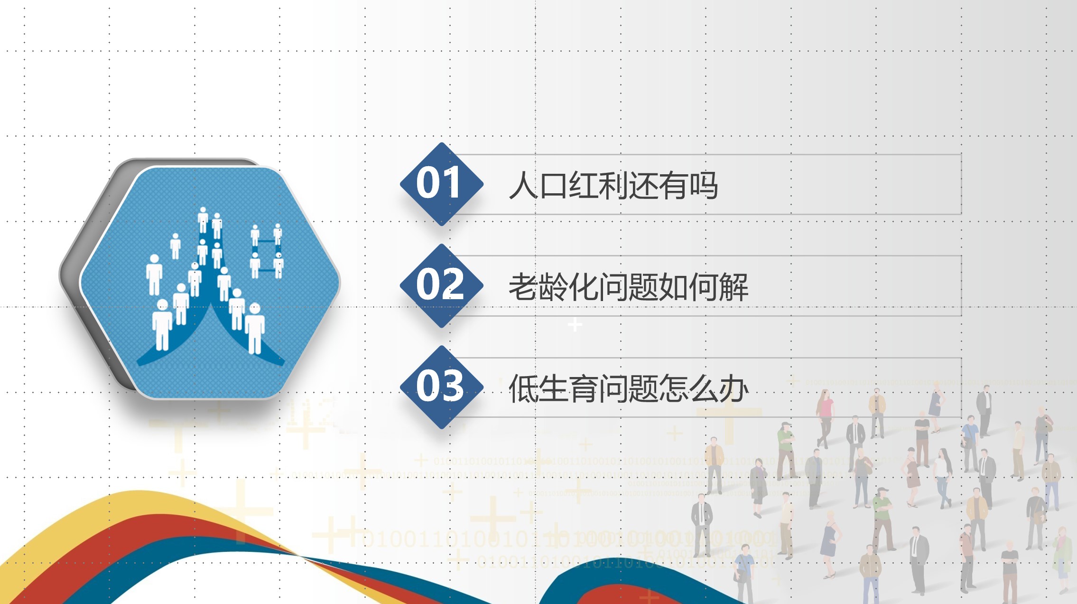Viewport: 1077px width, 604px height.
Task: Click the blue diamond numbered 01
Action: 441,184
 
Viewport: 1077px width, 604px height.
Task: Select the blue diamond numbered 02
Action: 441,285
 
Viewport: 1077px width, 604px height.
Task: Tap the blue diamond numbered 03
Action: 441,387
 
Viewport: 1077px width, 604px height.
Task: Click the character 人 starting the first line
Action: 523,185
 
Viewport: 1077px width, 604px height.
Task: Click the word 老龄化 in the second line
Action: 553,287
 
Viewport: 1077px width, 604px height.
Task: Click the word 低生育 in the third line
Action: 553,388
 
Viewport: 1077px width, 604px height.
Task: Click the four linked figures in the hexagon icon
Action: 267,252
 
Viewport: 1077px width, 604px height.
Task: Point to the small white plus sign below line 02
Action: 575,325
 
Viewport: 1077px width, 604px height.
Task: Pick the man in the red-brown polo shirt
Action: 966,556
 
